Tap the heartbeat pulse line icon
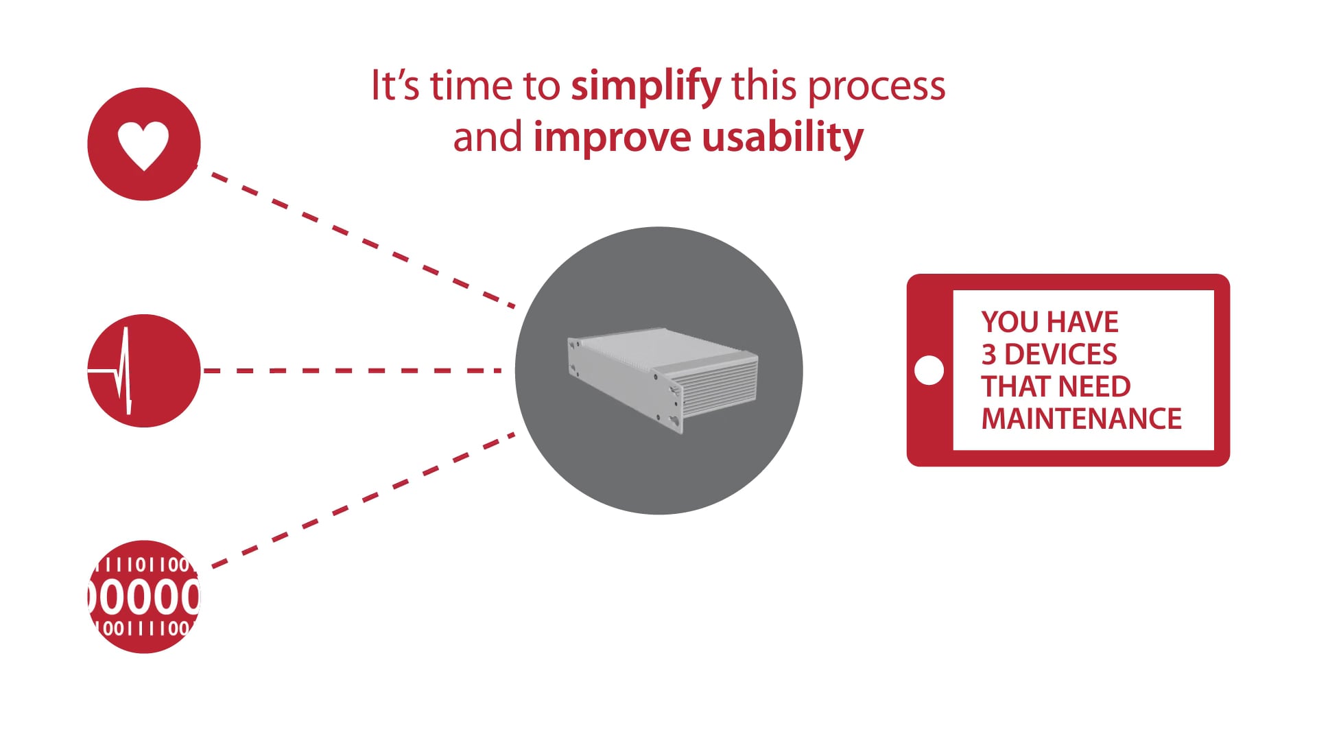123,371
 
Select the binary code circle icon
144,596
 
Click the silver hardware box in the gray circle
663,377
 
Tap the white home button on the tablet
929,370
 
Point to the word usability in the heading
782,138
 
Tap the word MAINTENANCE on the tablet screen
1081,419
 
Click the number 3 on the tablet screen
988,355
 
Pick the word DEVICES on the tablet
1060,355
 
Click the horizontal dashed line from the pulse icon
353,370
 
